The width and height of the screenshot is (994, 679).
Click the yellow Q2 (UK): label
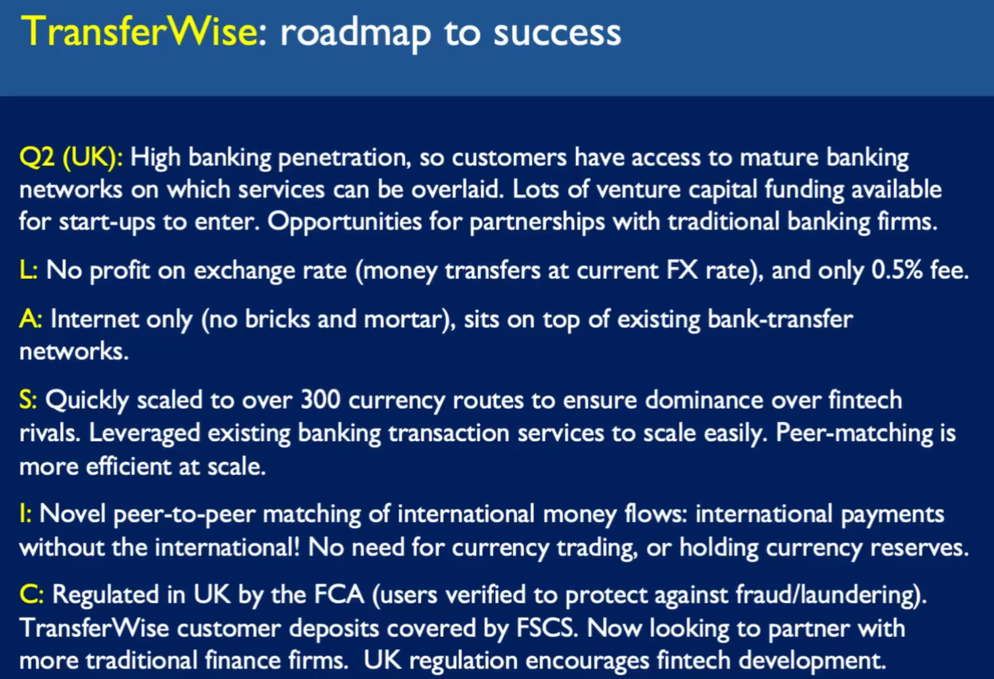(x=71, y=158)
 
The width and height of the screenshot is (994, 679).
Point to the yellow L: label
(x=28, y=270)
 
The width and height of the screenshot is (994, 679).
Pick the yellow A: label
(x=30, y=319)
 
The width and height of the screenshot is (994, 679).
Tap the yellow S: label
(x=28, y=400)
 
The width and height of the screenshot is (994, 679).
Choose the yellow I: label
(x=25, y=514)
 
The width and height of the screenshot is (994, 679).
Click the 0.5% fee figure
(x=920, y=270)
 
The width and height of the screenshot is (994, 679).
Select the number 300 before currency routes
(x=320, y=400)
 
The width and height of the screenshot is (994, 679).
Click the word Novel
(x=72, y=514)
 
